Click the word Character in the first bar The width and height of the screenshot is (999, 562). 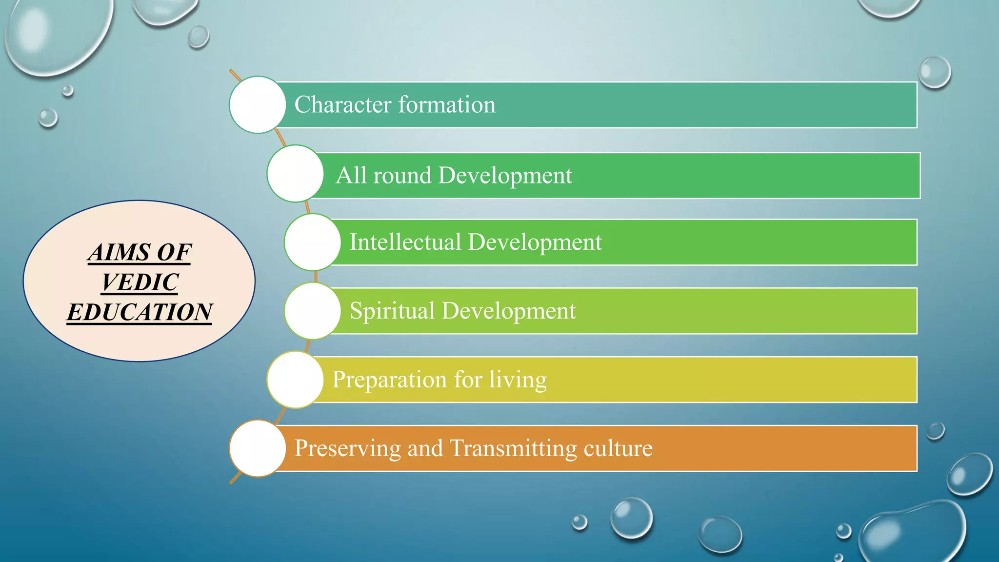pos(342,105)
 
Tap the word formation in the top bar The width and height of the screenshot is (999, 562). pos(447,105)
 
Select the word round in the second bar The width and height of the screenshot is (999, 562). pos(402,176)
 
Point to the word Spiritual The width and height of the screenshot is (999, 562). pos(392,311)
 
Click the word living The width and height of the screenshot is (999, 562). pos(518,380)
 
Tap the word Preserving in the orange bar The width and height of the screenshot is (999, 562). pos(347,448)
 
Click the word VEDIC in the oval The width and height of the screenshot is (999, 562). pos(140,282)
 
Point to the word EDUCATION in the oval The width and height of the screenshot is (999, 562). pos(140,312)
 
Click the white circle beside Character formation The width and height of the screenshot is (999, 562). pos(258,105)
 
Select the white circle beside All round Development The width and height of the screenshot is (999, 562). pos(295,174)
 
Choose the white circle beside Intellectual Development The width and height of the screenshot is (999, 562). pos(313,242)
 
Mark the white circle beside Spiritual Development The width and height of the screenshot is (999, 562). pos(313,311)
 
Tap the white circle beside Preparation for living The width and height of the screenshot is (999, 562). pos(295,380)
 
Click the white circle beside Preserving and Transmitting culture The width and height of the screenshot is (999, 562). pos(258,448)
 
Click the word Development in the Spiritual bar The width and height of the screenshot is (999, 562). pos(508,311)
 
